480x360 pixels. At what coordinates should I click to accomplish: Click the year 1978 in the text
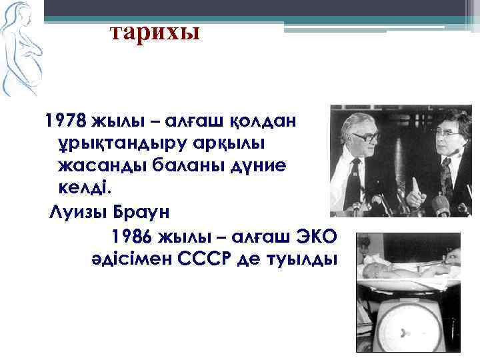pos(63,121)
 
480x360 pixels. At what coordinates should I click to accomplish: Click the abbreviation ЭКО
pos(313,237)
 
